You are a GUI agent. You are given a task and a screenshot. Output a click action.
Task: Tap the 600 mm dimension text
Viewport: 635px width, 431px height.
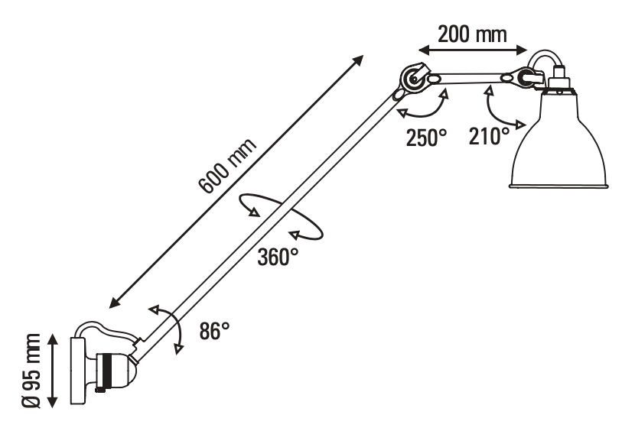coord(227,167)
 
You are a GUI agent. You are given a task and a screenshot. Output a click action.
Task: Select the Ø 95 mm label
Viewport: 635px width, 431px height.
coord(31,371)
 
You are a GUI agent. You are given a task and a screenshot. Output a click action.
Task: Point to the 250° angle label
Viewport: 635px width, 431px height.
coord(426,138)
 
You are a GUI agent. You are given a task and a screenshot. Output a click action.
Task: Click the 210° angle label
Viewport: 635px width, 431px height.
coord(489,135)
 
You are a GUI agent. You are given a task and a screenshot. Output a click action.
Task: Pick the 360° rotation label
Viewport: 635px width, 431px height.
coord(278,257)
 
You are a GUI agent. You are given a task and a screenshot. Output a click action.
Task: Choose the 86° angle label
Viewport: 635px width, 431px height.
coord(214,331)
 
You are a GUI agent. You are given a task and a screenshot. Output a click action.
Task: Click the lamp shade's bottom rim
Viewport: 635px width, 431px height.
coord(558,186)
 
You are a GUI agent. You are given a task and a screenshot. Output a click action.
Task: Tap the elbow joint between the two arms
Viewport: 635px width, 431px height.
coord(414,79)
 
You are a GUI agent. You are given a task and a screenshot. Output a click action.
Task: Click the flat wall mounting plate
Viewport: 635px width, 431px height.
coord(77,371)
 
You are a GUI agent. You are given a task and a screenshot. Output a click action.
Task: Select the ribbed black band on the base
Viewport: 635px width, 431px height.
coord(107,371)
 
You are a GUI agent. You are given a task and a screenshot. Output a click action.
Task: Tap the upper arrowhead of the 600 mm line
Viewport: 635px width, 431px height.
coord(358,59)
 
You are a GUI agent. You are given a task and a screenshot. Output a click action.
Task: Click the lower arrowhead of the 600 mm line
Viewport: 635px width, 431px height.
coord(115,303)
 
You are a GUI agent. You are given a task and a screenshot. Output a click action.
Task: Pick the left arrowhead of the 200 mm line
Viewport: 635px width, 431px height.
coord(424,50)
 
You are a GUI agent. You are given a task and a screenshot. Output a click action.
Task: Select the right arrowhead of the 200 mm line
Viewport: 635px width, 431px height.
coord(522,50)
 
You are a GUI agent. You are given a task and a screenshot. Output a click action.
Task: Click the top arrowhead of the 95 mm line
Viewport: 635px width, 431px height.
coord(53,339)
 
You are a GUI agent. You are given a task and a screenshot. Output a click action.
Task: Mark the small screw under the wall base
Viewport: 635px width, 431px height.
coord(99,390)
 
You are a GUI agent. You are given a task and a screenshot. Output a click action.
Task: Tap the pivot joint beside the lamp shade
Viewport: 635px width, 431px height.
coord(527,76)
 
